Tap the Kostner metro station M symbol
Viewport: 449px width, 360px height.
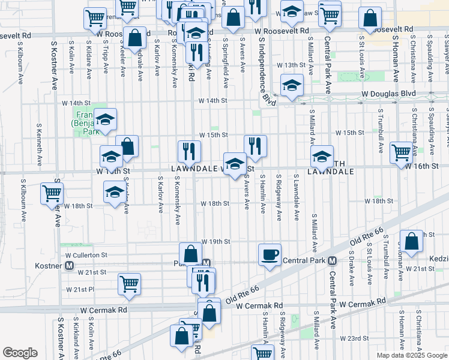tap(70, 265)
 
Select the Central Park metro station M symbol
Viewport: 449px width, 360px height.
tap(332, 261)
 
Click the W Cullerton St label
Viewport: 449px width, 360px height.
tap(86, 255)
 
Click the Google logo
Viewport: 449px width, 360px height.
tap(20, 353)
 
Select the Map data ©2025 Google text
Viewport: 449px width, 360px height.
tap(412, 355)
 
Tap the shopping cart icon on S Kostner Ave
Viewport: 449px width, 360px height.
tap(52, 194)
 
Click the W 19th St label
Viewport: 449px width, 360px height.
tap(215, 242)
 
